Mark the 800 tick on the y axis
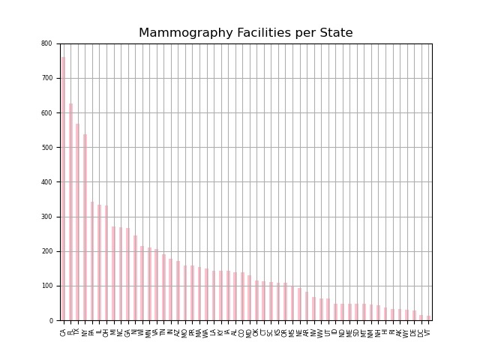(47, 43)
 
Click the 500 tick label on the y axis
(47, 148)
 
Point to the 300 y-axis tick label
(47, 217)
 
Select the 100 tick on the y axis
(47, 286)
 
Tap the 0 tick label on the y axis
(49, 320)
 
